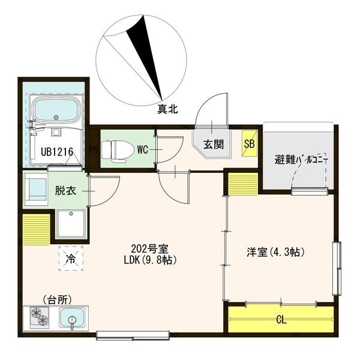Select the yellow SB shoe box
click(x=250, y=144)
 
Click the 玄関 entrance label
click(x=213, y=145)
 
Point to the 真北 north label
click(x=167, y=109)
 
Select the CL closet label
click(x=281, y=320)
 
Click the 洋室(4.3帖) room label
click(x=275, y=253)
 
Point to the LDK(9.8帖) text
click(x=150, y=260)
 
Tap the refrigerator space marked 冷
click(x=70, y=259)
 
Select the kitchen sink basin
click(x=72, y=318)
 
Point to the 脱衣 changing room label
click(x=65, y=191)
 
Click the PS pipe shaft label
click(x=94, y=150)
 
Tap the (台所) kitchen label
click(x=58, y=299)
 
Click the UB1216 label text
click(x=57, y=152)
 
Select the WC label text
click(x=143, y=150)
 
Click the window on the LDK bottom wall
click(x=133, y=335)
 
